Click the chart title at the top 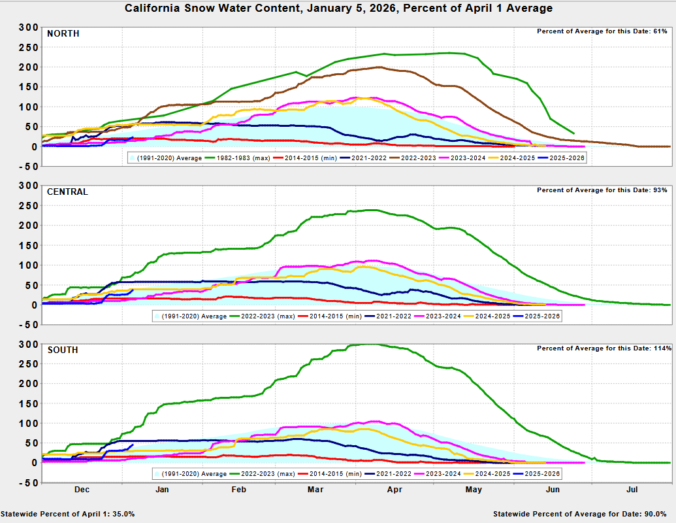[338, 8]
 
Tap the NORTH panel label [63, 33]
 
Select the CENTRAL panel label [67, 192]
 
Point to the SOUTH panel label [63, 350]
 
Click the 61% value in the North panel [660, 31]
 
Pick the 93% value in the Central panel [660, 190]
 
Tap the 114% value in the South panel [662, 348]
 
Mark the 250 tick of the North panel [29, 47]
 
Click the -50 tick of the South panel [29, 483]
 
